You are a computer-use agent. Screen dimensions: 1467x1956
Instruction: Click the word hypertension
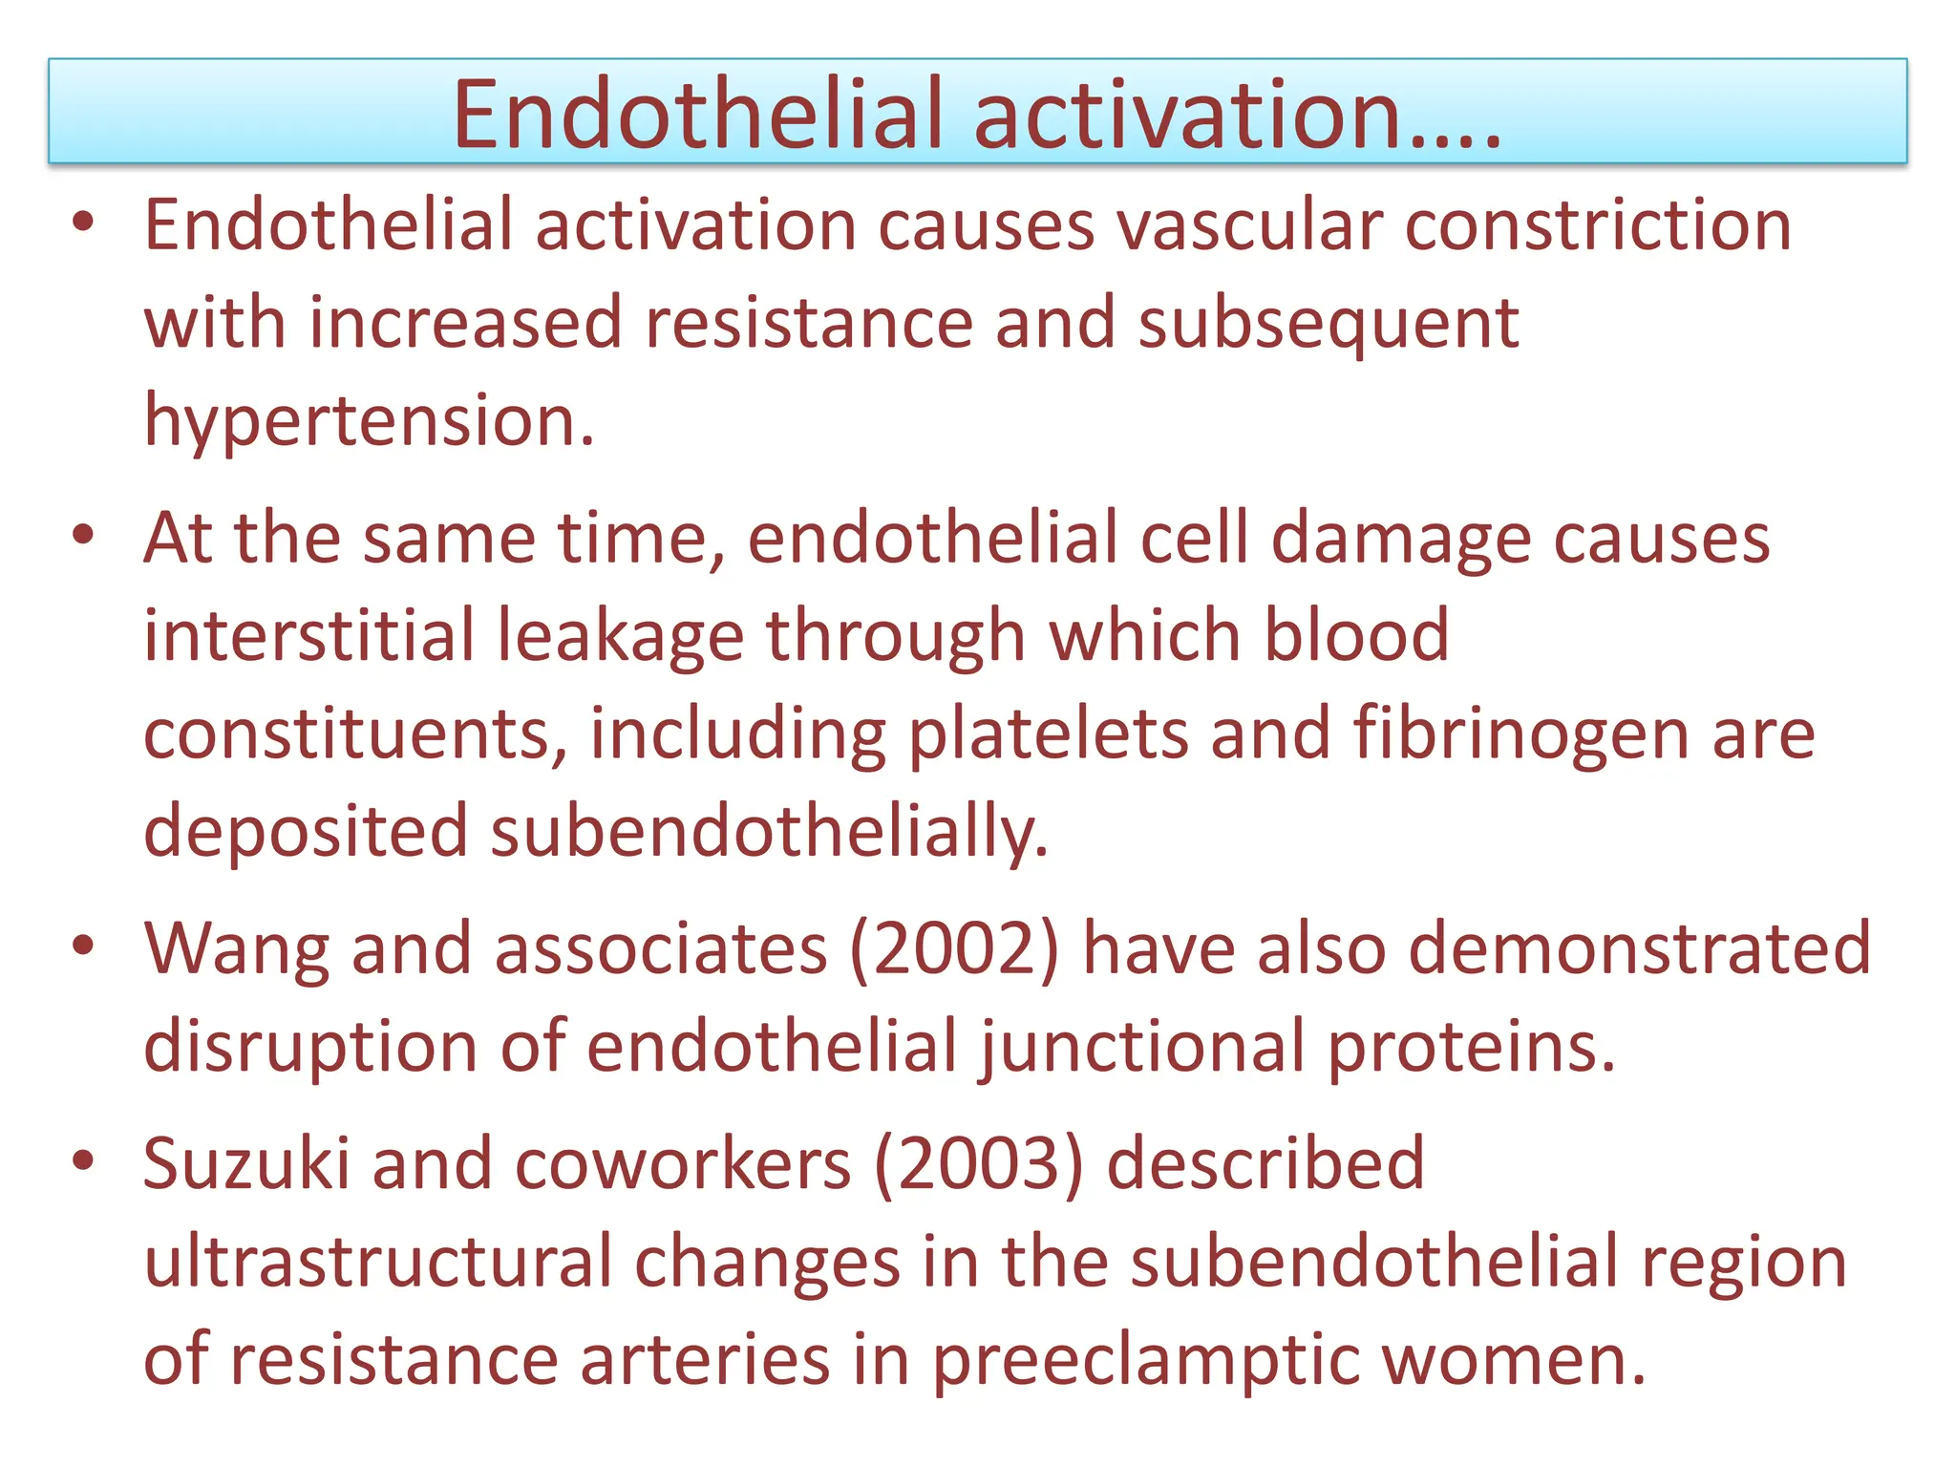369,421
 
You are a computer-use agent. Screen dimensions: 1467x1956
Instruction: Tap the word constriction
1598,225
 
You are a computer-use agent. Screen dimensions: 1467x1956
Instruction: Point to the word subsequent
1329,323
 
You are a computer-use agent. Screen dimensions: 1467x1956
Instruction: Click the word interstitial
308,635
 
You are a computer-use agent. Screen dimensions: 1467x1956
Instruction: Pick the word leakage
620,637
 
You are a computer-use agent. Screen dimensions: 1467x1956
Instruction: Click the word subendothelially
769,831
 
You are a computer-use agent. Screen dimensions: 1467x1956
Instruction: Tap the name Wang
236,951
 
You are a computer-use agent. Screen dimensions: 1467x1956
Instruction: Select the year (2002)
954,949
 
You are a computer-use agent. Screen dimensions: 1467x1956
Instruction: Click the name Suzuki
246,1164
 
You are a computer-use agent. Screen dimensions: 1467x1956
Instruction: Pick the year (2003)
979,1164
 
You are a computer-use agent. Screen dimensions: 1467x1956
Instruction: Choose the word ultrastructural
377,1262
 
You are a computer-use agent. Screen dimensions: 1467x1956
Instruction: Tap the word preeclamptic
1145,1362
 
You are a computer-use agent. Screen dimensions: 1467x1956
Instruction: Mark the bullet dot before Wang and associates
84,946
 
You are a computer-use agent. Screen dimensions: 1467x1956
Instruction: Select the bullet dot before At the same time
84,536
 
